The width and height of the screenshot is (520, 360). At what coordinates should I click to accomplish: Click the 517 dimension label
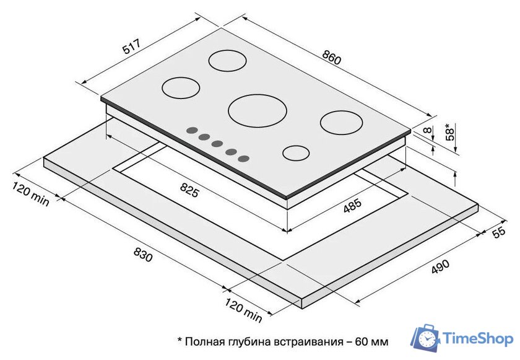click(x=132, y=46)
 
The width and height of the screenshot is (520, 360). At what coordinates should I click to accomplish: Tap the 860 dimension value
click(x=331, y=57)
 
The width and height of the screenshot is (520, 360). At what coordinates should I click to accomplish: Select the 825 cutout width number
click(x=189, y=190)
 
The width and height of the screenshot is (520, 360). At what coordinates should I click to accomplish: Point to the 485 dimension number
click(x=352, y=206)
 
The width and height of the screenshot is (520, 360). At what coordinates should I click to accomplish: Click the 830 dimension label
click(x=143, y=254)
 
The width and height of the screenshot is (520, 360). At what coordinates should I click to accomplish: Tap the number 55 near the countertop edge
click(x=499, y=232)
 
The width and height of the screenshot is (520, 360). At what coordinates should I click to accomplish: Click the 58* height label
click(x=449, y=132)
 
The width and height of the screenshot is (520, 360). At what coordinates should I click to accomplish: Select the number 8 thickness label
click(x=428, y=130)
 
